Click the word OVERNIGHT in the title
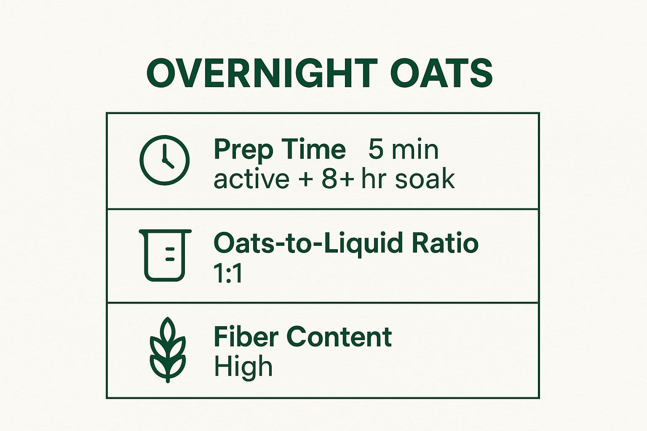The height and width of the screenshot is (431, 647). (262, 74)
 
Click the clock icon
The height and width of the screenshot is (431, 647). (164, 160)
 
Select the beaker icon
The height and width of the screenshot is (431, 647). (165, 255)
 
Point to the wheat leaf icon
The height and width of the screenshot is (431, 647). (168, 349)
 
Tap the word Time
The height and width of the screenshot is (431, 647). (313, 149)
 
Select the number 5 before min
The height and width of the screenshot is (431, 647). (376, 149)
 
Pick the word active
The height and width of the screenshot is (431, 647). (251, 179)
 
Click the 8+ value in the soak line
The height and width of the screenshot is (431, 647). (335, 179)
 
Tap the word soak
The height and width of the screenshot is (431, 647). (425, 179)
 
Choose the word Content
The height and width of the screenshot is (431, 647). (339, 337)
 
